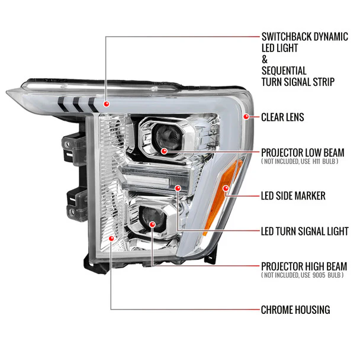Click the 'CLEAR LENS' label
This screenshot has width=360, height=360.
point(282,117)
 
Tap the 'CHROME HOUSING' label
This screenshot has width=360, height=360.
point(295,310)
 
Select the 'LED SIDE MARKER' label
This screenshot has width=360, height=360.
point(292,195)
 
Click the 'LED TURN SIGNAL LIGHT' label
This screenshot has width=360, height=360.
point(304,231)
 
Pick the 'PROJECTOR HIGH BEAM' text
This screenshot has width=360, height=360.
point(304,266)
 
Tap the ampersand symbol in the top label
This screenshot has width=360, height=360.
point(264,60)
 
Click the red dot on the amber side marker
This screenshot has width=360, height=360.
point(225,188)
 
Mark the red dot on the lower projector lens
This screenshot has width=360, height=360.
point(153,226)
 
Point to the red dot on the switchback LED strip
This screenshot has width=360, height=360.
point(105,104)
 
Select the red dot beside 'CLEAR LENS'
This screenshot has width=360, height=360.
point(246,117)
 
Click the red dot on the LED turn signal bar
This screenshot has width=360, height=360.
point(179,188)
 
